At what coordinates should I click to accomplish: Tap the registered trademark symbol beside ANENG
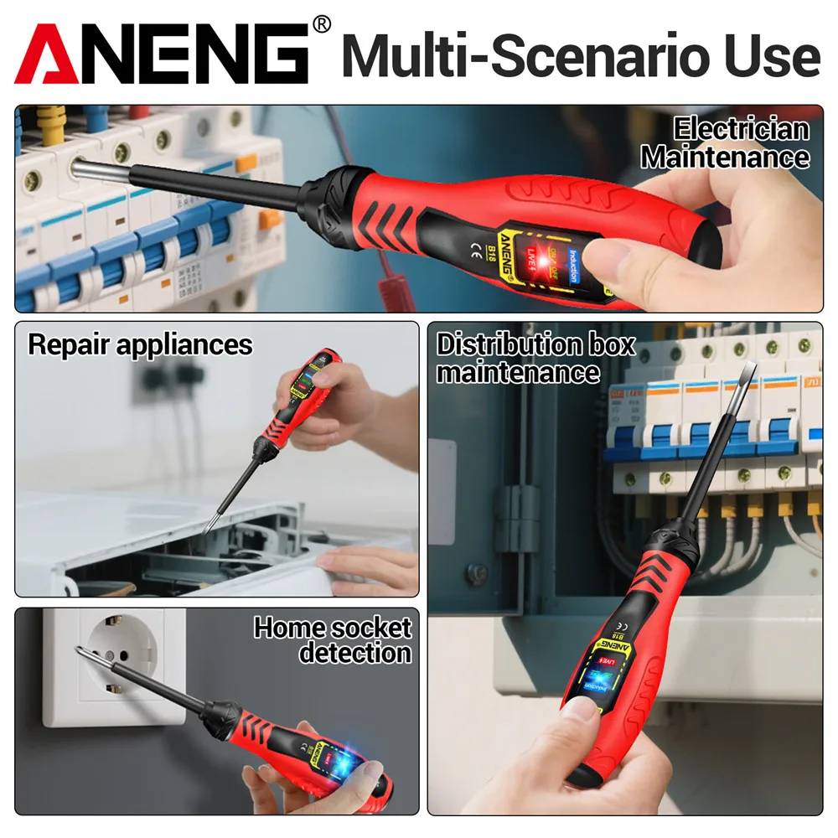pyautogui.click(x=321, y=25)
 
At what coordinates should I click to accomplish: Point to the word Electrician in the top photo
pyautogui.click(x=742, y=129)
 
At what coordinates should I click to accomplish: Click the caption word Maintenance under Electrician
pyautogui.click(x=726, y=157)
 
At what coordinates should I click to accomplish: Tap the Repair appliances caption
pyautogui.click(x=140, y=344)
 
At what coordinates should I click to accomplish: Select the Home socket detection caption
pyautogui.click(x=334, y=639)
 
